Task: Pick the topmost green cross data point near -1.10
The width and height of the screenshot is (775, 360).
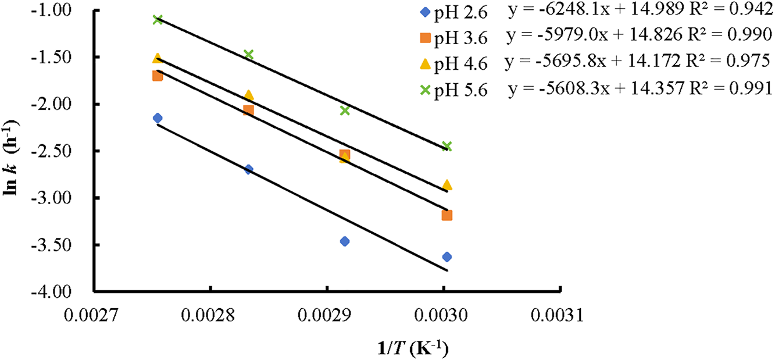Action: pos(157,19)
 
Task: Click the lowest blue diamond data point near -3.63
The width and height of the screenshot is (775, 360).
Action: pos(447,257)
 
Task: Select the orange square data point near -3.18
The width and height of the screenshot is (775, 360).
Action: pos(447,215)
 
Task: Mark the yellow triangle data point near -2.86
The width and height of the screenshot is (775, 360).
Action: pos(447,184)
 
